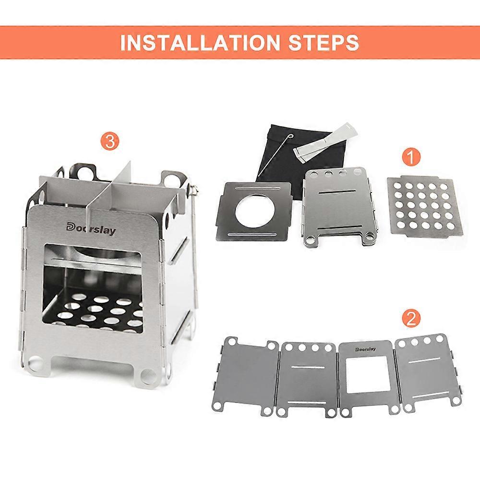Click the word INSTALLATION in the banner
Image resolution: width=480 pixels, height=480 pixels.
coord(200,43)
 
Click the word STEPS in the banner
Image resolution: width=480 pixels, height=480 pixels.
coord(324,43)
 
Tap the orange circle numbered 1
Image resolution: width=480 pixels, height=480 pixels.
coord(411,157)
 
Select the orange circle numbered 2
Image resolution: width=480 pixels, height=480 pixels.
coord(411,319)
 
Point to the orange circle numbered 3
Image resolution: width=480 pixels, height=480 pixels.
coord(110,142)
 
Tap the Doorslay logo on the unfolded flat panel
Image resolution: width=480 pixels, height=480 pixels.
coord(365,349)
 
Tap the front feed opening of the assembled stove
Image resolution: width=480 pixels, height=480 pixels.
coord(94,288)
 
